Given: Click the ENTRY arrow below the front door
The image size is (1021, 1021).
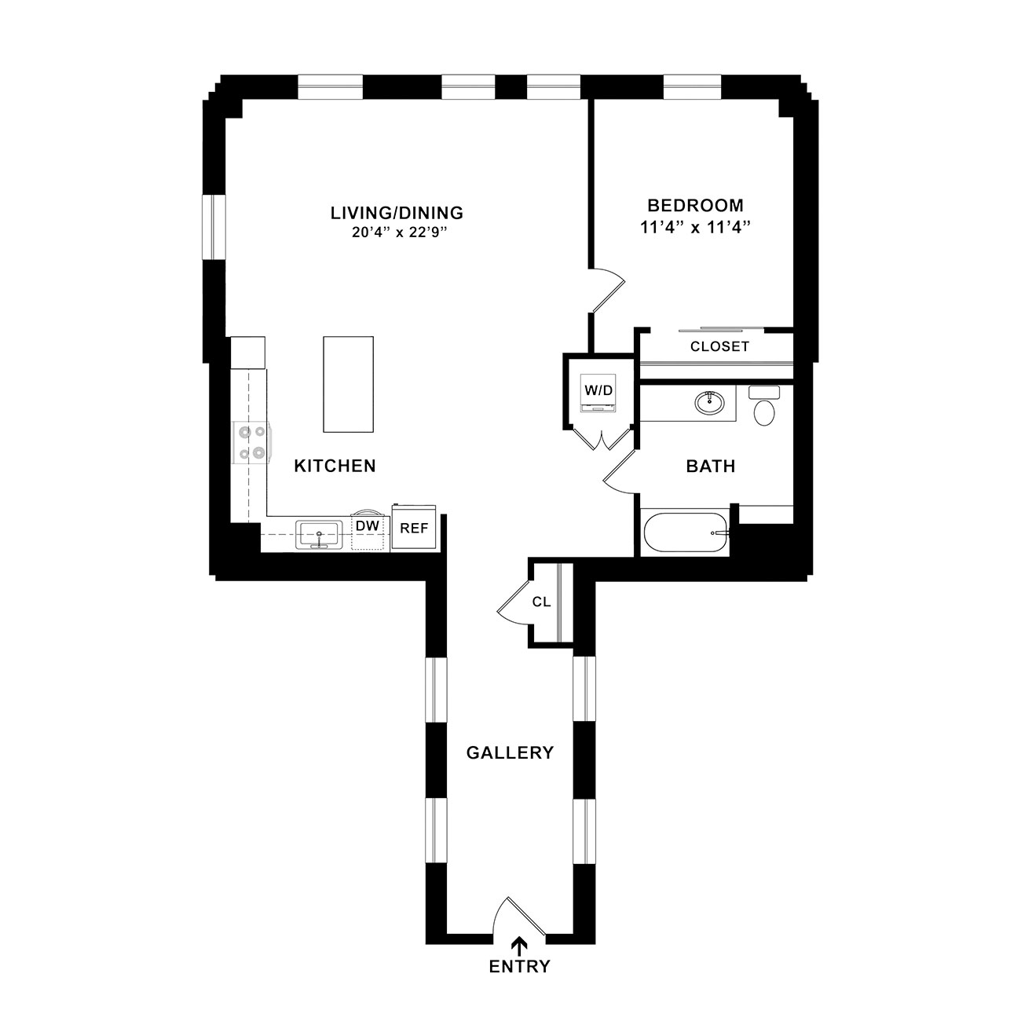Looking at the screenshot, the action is (519, 946).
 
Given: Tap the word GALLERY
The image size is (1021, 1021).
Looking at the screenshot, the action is (510, 752).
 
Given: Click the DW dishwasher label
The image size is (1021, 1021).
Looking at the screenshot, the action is (368, 525).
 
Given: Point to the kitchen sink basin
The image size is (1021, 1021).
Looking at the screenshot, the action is (318, 535).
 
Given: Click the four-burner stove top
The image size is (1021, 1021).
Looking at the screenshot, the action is (252, 442).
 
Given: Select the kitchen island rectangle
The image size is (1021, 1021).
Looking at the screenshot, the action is (348, 384).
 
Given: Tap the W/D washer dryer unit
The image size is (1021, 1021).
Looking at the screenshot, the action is (598, 393).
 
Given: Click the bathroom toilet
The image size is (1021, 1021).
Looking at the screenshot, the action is (764, 405).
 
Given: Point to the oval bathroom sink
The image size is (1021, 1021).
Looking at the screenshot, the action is (709, 403).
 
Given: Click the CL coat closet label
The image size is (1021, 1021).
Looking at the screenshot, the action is (541, 602).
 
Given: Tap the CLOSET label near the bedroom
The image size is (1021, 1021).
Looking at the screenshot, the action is (719, 346).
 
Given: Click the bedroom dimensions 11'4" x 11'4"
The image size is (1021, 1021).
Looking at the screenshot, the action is (696, 227).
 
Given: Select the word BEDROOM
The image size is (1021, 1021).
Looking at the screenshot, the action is (696, 205).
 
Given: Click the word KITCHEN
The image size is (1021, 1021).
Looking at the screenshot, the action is (335, 466).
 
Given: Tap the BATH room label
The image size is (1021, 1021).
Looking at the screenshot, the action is (711, 467).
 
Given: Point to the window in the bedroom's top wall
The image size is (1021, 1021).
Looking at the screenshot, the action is (693, 87).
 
